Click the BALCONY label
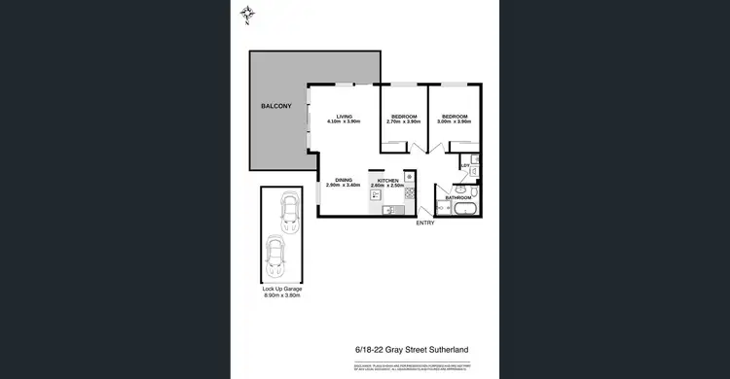275,105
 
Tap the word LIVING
344,116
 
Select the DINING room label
344,179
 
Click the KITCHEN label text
388,179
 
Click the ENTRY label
425,224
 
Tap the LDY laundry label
465,166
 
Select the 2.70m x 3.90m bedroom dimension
402,122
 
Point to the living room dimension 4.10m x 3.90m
344,122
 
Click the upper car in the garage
288,213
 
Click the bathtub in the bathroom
464,208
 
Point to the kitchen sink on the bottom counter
386,211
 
